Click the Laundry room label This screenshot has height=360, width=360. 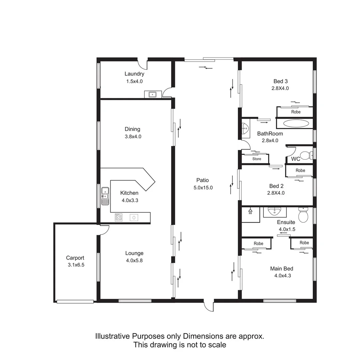(x=134, y=74)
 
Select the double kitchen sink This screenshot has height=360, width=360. (x=105, y=196)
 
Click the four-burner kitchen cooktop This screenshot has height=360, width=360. (x=119, y=218)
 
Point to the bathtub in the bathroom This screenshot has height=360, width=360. (x=296, y=123)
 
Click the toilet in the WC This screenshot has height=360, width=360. (x=305, y=155)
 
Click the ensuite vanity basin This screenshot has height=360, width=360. (x=275, y=211)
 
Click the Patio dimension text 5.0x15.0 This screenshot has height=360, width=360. (x=203, y=188)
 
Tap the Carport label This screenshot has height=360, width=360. (x=75, y=258)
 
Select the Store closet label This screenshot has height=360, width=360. (x=257, y=159)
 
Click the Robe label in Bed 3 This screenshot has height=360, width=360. (x=296, y=112)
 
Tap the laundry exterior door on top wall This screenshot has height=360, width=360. (x=143, y=62)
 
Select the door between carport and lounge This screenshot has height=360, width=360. (x=104, y=229)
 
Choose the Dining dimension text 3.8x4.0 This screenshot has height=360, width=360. (x=132, y=136)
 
